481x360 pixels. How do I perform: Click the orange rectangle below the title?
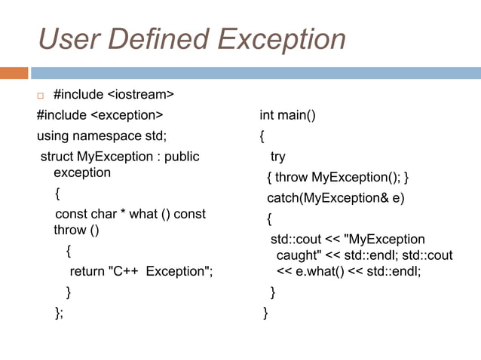[14, 73]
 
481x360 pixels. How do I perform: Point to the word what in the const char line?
[144, 214]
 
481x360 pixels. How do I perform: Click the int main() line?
[287, 115]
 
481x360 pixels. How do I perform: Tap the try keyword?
[278, 157]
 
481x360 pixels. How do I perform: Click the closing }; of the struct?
[59, 313]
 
